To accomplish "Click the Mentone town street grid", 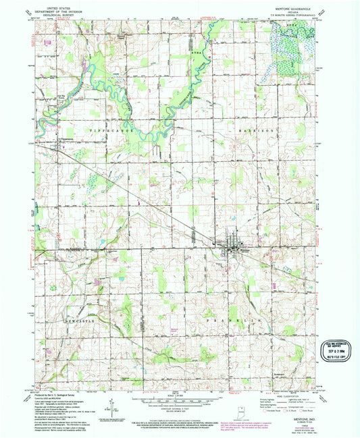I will click(x=234, y=246).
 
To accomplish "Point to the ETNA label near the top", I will click(x=196, y=50).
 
